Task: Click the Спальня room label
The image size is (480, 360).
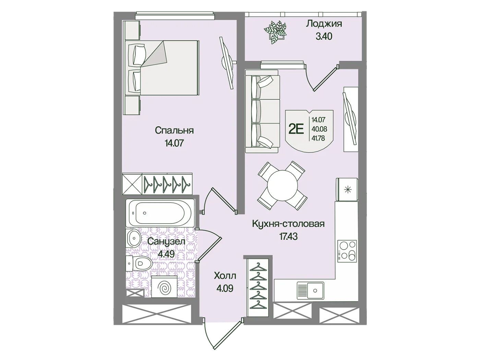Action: pyautogui.click(x=174, y=131)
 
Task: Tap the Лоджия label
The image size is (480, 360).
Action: pyautogui.click(x=324, y=24)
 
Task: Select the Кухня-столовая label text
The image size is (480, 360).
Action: pyautogui.click(x=288, y=224)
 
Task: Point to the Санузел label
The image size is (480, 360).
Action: pyautogui.click(x=166, y=242)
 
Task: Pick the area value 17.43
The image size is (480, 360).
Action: pyautogui.click(x=288, y=237)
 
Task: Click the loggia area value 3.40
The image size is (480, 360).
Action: pyautogui.click(x=324, y=36)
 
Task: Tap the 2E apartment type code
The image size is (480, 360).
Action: pyautogui.click(x=296, y=129)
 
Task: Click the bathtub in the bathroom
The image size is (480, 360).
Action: pyautogui.click(x=160, y=213)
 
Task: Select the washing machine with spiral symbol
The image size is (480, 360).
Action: pyautogui.click(x=164, y=287)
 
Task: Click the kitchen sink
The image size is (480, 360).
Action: pyautogui.click(x=311, y=290)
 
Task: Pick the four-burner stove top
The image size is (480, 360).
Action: pyautogui.click(x=347, y=251)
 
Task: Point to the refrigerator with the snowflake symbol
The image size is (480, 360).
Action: pyautogui.click(x=347, y=190)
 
